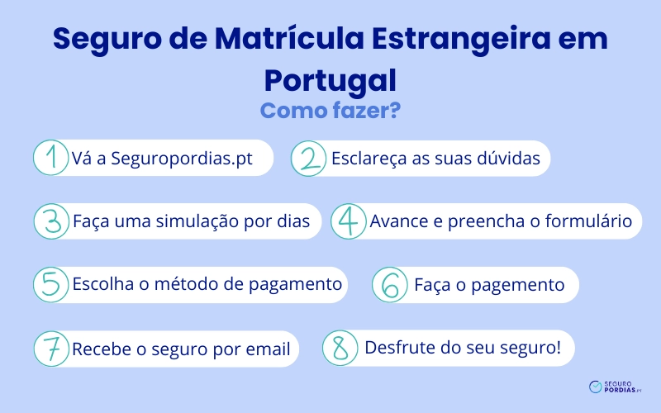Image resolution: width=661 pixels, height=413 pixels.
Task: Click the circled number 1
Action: (51, 158)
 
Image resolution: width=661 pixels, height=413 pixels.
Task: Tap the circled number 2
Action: (310, 158)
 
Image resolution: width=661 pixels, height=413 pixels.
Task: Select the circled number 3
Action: (51, 221)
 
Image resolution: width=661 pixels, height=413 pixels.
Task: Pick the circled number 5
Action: (51, 285)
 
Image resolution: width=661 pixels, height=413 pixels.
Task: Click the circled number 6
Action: (391, 285)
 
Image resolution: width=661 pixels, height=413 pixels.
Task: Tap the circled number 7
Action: (51, 349)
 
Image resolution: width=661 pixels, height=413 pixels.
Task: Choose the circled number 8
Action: (340, 349)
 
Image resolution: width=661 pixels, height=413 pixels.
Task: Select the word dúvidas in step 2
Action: (510, 159)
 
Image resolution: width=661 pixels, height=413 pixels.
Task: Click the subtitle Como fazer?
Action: (330, 110)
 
